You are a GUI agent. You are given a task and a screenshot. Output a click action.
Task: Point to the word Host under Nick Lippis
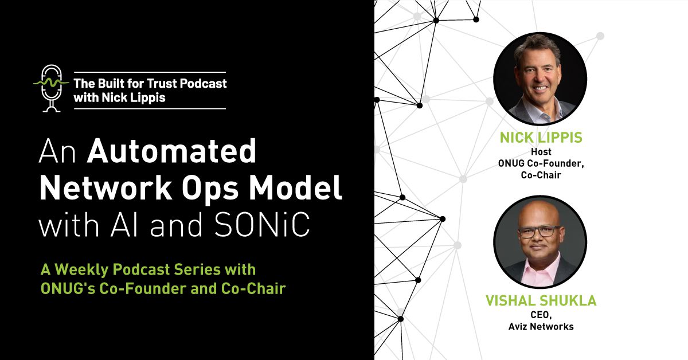[x=540, y=152]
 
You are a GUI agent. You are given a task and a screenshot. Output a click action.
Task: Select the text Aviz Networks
[x=540, y=327]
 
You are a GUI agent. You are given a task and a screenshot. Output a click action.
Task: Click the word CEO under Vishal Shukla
[x=540, y=315]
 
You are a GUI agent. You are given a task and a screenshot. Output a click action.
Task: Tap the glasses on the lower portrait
[x=540, y=232]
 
